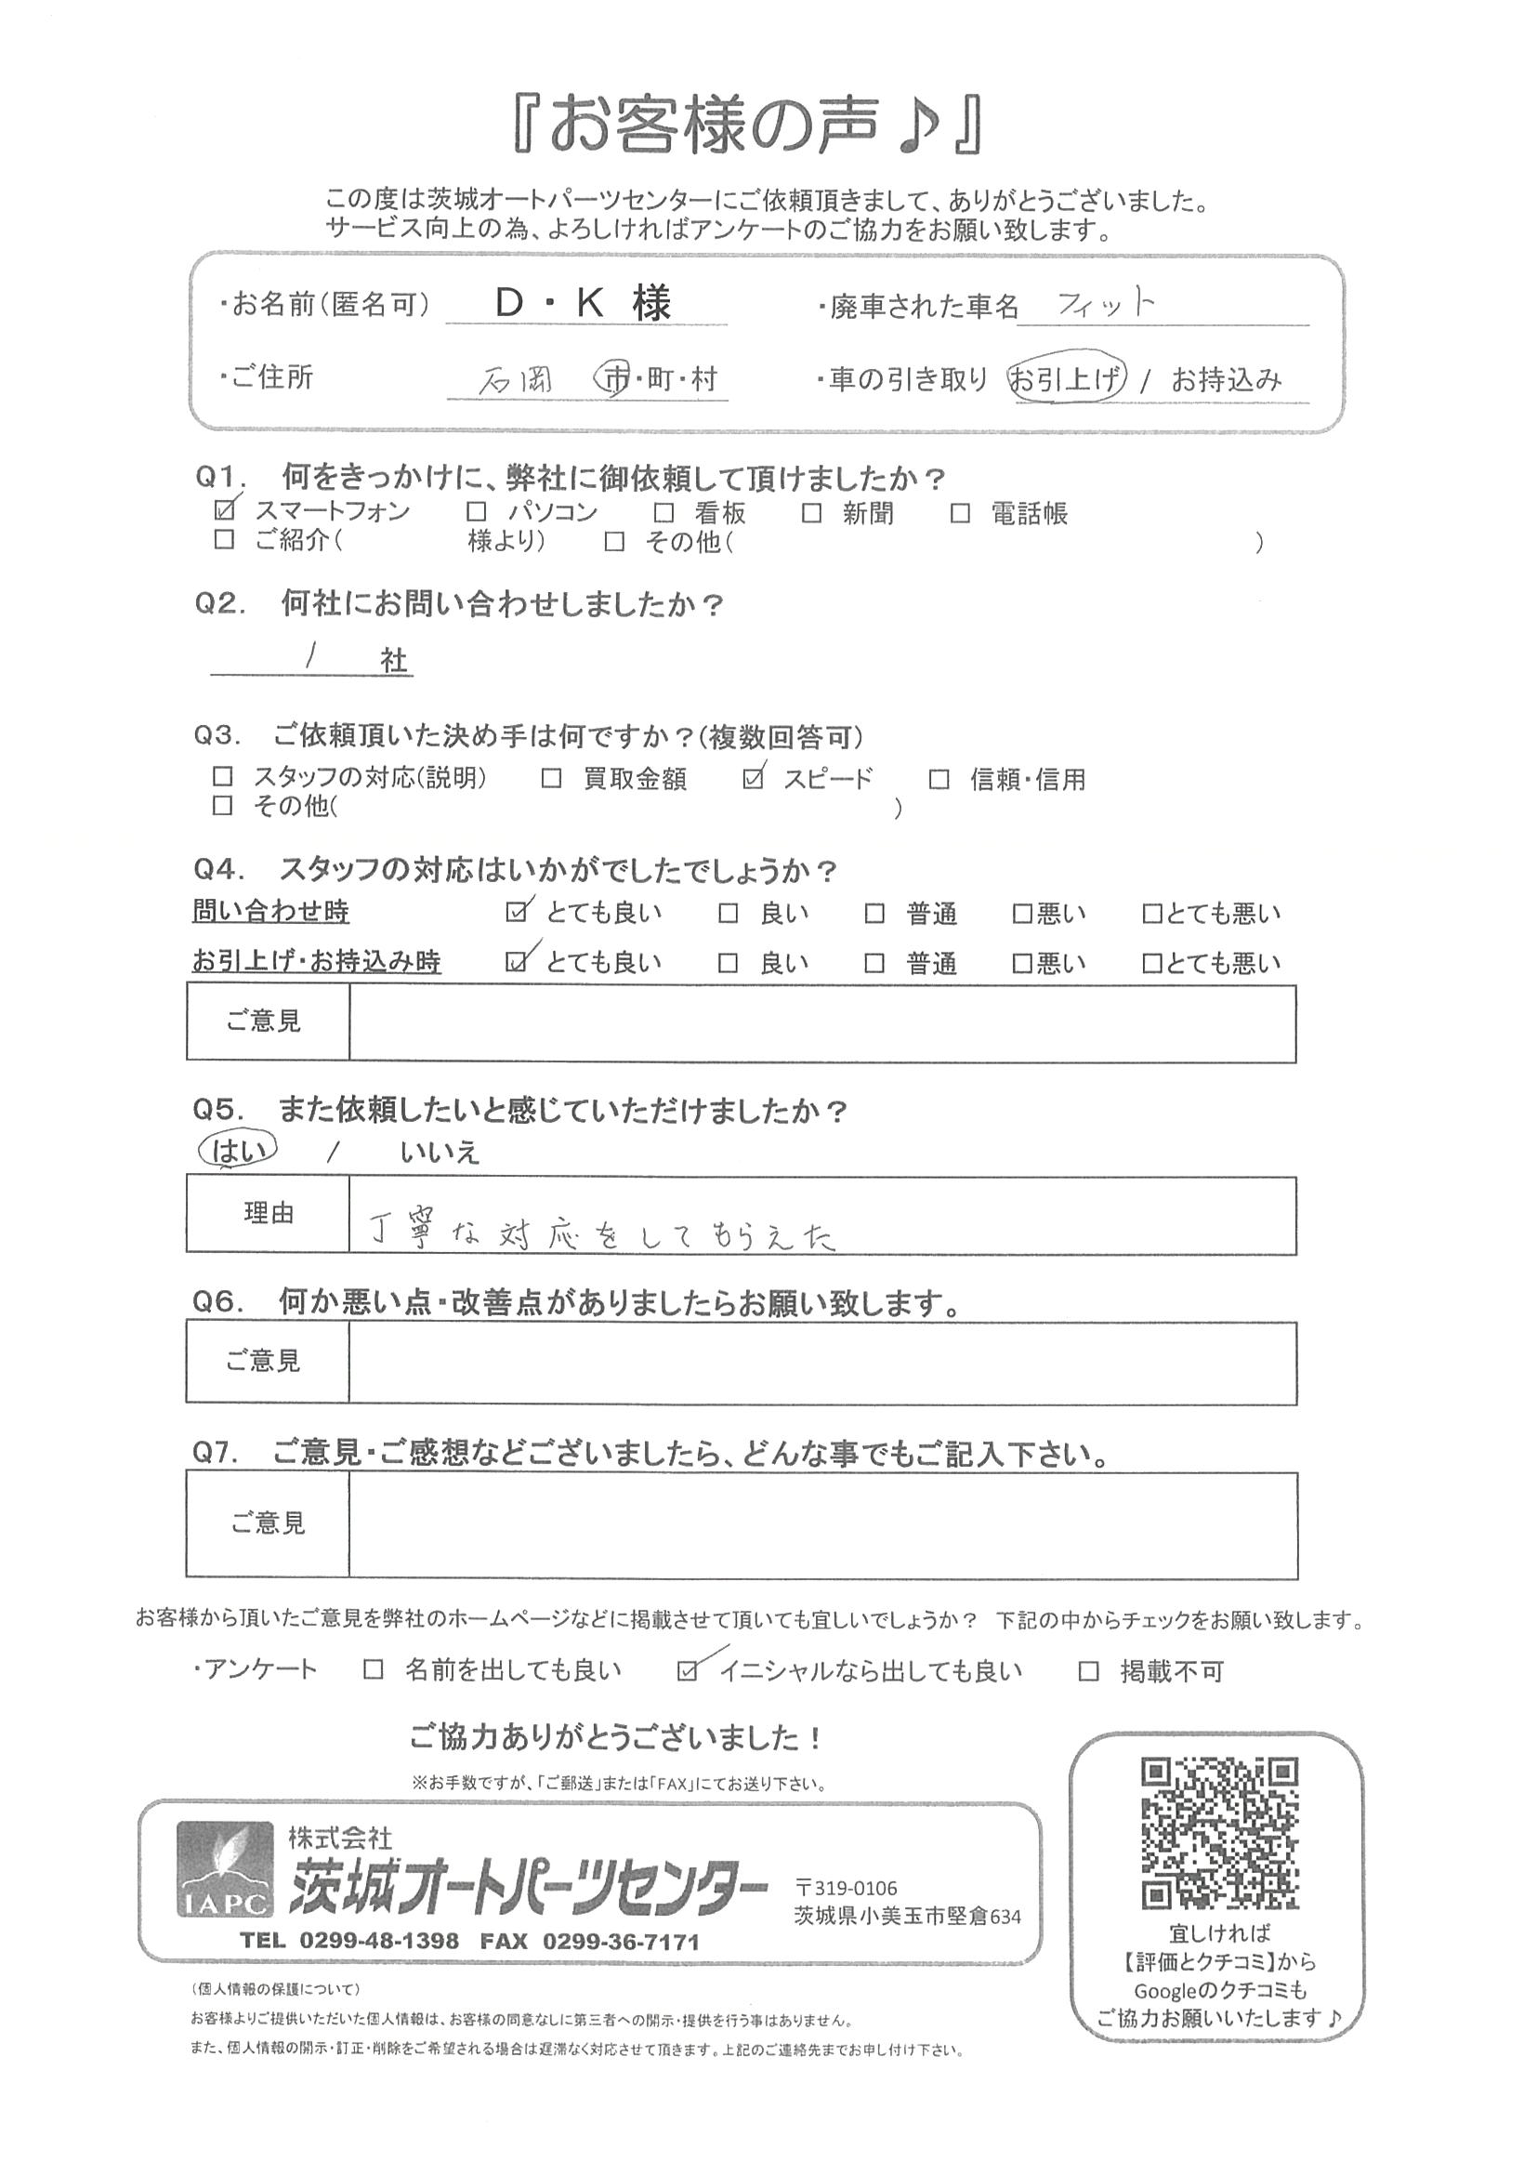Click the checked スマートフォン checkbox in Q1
(225, 511)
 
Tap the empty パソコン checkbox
(476, 512)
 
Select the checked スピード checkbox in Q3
(754, 779)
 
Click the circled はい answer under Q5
(237, 1149)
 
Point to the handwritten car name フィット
(1106, 304)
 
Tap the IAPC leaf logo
(225, 1870)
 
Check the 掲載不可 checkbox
(1089, 1670)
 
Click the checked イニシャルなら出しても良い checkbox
(688, 1670)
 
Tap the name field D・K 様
(585, 303)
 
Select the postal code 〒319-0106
(847, 1888)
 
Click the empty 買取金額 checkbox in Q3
(551, 779)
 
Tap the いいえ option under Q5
(440, 1153)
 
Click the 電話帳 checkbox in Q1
(960, 512)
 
